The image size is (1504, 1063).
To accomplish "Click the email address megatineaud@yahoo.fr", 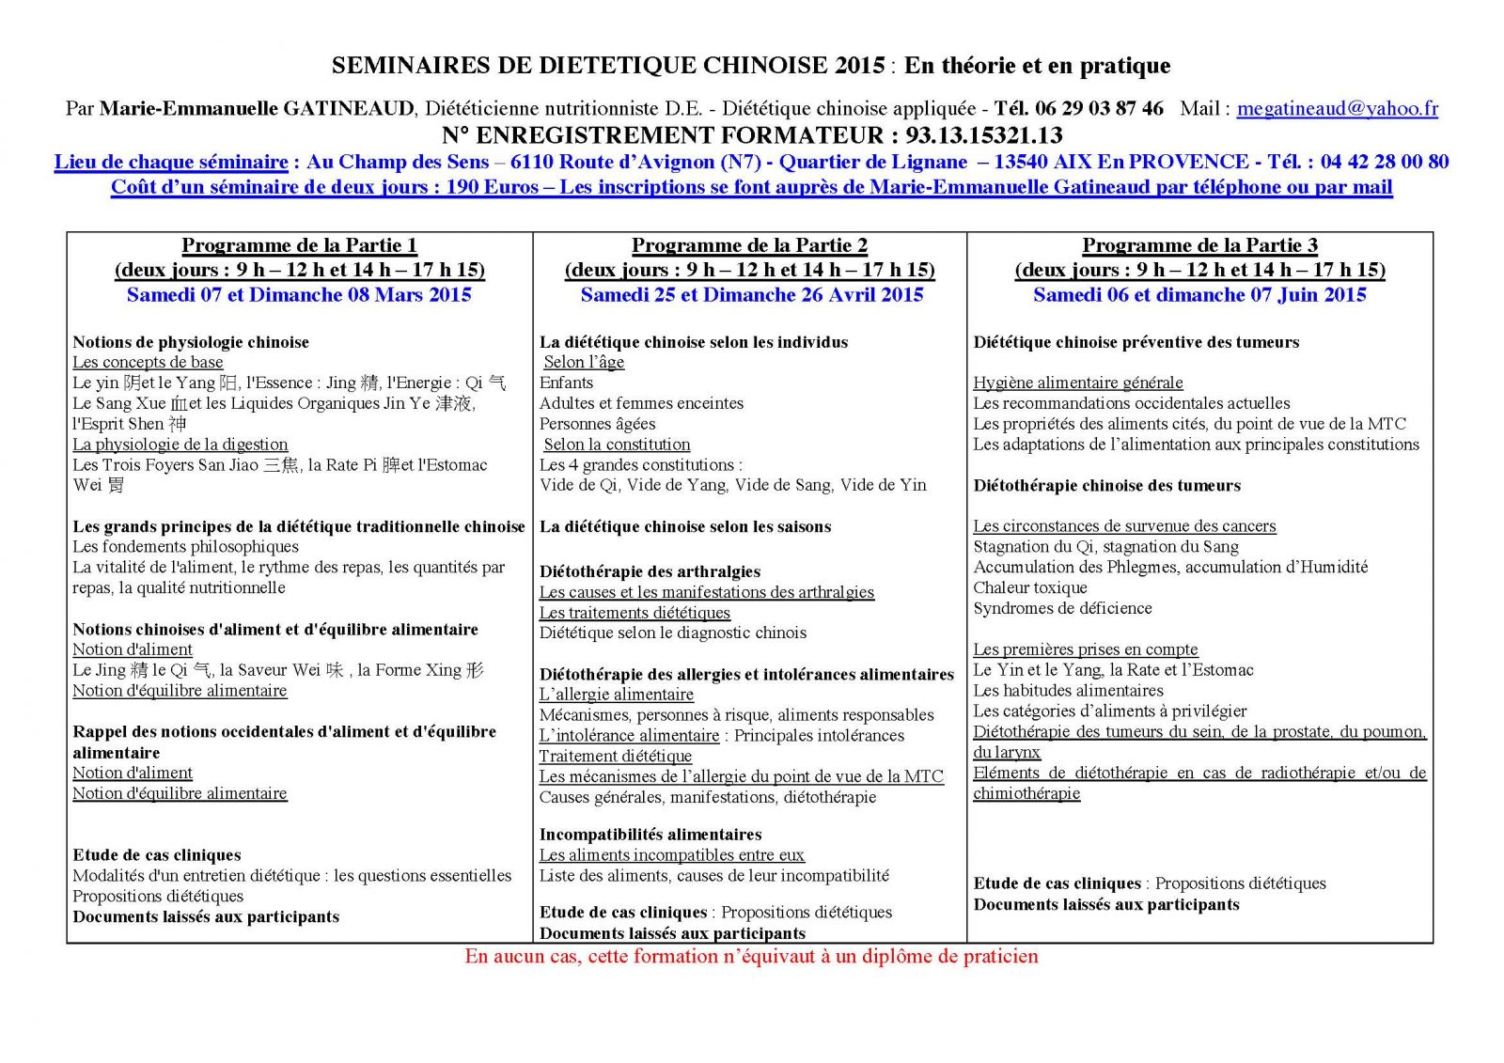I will (x=1337, y=108).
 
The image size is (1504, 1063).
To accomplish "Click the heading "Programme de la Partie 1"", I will (x=299, y=245).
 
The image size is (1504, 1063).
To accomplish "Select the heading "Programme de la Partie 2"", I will (x=749, y=245).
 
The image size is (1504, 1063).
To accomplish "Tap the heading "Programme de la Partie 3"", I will (x=1199, y=245).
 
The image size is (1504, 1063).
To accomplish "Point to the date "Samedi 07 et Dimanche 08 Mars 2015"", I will (x=299, y=294).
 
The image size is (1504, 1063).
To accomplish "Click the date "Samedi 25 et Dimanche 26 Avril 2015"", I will (x=751, y=294).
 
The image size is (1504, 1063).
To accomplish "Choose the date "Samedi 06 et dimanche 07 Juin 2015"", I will (x=1199, y=294).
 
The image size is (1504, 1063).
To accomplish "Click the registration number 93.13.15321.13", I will (x=983, y=135).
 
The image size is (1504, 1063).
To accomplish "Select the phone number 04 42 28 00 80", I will (x=1384, y=162).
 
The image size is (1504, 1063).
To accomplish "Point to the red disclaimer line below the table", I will (x=751, y=957).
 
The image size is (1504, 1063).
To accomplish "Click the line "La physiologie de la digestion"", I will (x=180, y=444).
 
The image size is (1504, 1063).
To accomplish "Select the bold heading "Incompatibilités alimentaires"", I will (x=650, y=834).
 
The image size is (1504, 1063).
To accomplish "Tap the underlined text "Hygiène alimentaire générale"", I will (x=1077, y=383).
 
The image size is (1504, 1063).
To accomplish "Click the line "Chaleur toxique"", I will (x=1029, y=587).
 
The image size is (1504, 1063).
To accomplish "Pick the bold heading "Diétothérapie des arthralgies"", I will (x=650, y=571).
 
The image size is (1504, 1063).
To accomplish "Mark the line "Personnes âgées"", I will (x=597, y=424).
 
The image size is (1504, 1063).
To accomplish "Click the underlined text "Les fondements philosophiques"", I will (x=185, y=546).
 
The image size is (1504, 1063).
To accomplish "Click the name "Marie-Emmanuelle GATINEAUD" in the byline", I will (x=257, y=108).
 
